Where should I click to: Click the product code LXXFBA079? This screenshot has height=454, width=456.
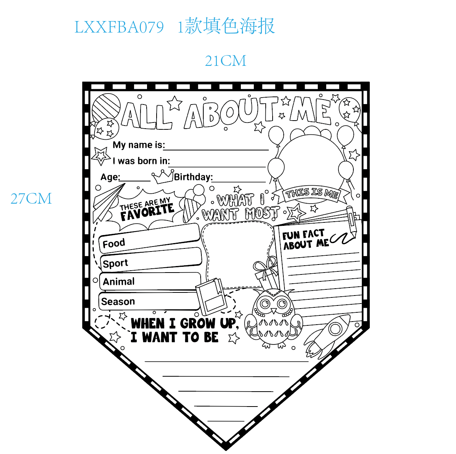click(119, 27)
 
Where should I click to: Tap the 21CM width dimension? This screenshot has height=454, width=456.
click(226, 61)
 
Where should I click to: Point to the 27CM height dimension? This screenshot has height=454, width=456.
click(31, 199)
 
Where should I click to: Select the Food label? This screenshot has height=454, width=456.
click(114, 243)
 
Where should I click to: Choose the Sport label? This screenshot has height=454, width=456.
click(115, 263)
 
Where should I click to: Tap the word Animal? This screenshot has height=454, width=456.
click(119, 281)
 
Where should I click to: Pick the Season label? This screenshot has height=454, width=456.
click(118, 301)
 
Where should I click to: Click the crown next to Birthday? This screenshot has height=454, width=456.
click(163, 176)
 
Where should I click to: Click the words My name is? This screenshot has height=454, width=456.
click(139, 145)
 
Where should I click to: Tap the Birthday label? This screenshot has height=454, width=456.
click(193, 177)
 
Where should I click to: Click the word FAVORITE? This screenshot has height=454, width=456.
click(147, 212)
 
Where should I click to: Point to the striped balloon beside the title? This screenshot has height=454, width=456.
click(106, 107)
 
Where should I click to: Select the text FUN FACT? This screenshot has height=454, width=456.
click(303, 234)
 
